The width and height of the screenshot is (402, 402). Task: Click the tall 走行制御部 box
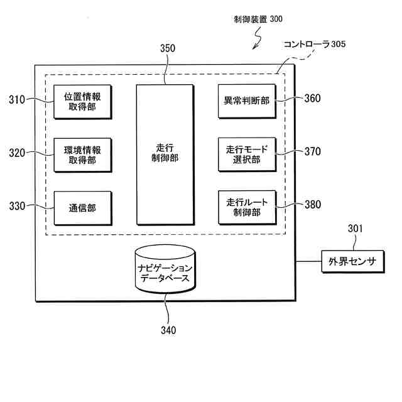point(165,154)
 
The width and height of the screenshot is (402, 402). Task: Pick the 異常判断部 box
point(247,100)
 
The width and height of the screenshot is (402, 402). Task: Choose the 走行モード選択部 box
point(247,155)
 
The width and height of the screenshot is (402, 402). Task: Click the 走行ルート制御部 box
point(247,208)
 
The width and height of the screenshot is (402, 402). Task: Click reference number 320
point(18,152)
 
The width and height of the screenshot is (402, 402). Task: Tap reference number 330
point(18,205)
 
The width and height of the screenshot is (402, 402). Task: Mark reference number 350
point(168,48)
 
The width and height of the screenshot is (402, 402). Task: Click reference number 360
point(312,98)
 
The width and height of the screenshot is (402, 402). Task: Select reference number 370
point(312,151)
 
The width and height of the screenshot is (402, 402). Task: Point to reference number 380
point(312,204)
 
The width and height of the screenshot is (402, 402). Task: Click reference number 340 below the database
point(168,330)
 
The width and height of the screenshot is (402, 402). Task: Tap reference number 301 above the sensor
point(356,229)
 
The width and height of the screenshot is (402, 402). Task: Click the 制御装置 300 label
point(254,19)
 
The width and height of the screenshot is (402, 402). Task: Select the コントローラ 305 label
point(314,45)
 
